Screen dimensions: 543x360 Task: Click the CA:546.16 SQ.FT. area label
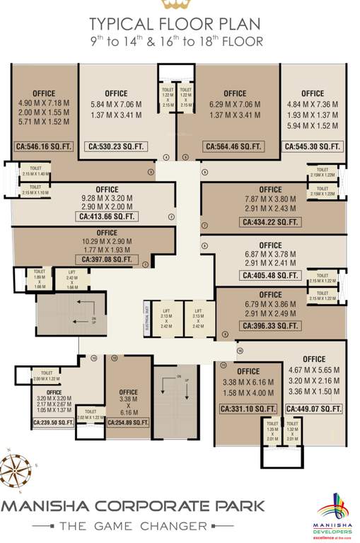44,148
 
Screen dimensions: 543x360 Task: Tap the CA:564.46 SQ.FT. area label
234,148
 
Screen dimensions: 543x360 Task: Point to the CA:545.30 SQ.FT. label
313,148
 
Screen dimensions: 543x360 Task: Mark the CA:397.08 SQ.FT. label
107,260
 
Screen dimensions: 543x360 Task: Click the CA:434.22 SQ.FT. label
270,222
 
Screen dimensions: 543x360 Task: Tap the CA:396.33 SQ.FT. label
270,325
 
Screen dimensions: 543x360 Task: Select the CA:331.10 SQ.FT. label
248,409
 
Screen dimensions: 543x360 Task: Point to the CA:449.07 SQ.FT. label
314,409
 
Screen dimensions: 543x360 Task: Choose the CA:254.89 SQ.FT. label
129,422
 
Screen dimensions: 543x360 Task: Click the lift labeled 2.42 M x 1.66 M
71,279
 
